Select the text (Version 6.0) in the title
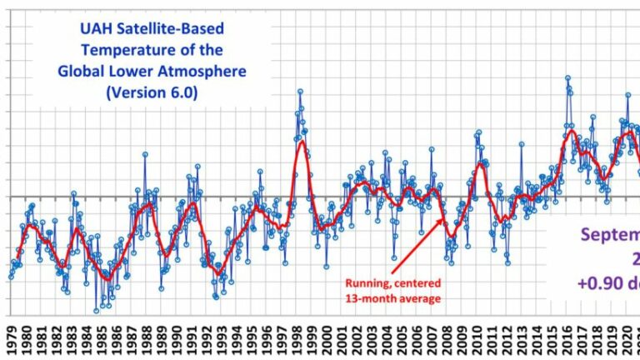[152, 92]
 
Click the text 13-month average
[392, 297]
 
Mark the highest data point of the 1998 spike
[300, 92]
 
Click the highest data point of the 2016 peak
[567, 78]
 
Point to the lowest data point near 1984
[96, 310]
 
